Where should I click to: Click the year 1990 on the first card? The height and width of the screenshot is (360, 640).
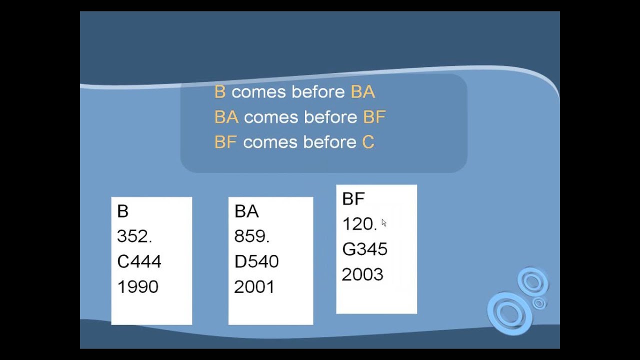[x=137, y=286]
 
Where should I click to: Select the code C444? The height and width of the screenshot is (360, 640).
[x=139, y=261]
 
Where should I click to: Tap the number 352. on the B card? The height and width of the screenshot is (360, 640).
[x=134, y=236]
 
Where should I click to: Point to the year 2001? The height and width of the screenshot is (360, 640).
[x=254, y=286]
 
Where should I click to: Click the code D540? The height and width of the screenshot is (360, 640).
[x=256, y=261]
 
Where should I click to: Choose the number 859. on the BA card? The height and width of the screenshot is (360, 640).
[x=251, y=236]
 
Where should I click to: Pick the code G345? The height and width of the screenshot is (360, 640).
[x=364, y=249]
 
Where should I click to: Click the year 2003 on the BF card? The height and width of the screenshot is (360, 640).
[x=362, y=274]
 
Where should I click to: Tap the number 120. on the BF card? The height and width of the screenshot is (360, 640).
[x=359, y=224]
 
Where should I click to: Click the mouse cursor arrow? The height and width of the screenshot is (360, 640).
[x=383, y=223]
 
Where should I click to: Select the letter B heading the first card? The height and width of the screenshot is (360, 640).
[x=122, y=211]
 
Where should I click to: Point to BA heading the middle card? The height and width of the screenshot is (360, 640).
[x=246, y=211]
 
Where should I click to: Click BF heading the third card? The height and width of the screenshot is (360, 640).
[x=353, y=199]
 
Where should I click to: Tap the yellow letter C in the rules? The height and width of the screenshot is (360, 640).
[x=368, y=142]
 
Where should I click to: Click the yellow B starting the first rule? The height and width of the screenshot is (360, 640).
[x=219, y=92]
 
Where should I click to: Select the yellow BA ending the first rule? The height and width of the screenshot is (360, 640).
[x=363, y=92]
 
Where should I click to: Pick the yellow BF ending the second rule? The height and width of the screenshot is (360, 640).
[x=374, y=117]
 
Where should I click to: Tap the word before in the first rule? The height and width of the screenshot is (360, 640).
[x=318, y=92]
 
